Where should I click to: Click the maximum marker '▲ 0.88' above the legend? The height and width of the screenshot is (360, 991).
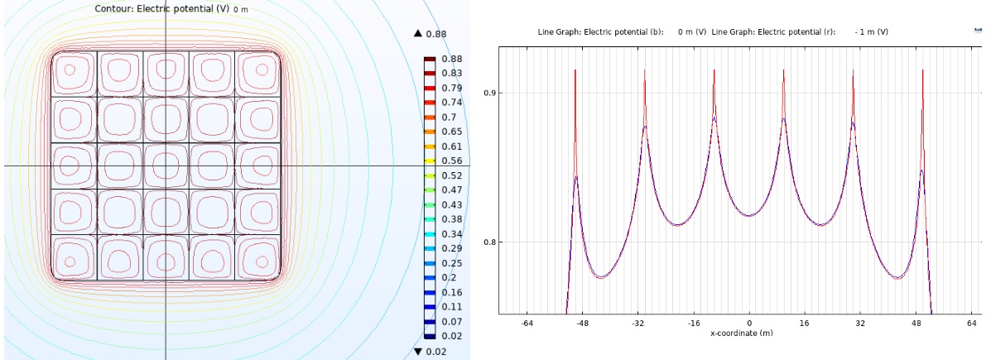pos(430,34)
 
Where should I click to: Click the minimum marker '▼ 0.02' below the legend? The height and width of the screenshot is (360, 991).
pos(430,353)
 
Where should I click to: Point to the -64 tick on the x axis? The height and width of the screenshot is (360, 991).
pos(527,323)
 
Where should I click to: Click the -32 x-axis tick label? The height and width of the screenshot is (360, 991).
pos(638,323)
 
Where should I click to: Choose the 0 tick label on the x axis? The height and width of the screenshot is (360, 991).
pos(749,323)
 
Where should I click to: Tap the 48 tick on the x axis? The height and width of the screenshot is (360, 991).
pos(916,323)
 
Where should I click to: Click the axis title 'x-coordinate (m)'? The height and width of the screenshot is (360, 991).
pos(748,334)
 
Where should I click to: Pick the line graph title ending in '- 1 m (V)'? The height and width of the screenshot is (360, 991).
pos(799,31)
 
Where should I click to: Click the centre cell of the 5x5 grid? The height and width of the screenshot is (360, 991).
pos(166,166)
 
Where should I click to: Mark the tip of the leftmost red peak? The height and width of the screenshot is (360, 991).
pos(575,70)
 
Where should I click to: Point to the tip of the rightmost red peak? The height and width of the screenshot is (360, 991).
pos(922,70)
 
